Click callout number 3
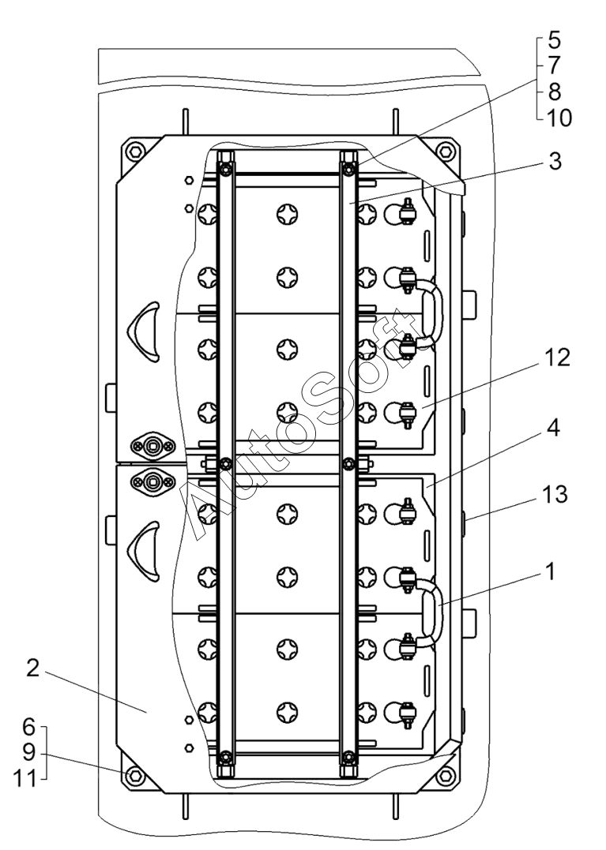pyautogui.click(x=555, y=162)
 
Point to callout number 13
pyautogui.click(x=554, y=495)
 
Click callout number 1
pyautogui.click(x=551, y=571)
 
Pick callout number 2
pyautogui.click(x=33, y=669)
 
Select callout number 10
pyautogui.click(x=559, y=118)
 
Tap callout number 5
pyautogui.click(x=554, y=40)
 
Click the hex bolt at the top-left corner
pyautogui.click(x=135, y=150)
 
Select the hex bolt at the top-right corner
pyautogui.click(x=446, y=150)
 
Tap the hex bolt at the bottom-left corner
pyautogui.click(x=134, y=777)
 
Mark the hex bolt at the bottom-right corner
pyautogui.click(x=446, y=777)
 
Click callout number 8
pyautogui.click(x=554, y=92)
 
